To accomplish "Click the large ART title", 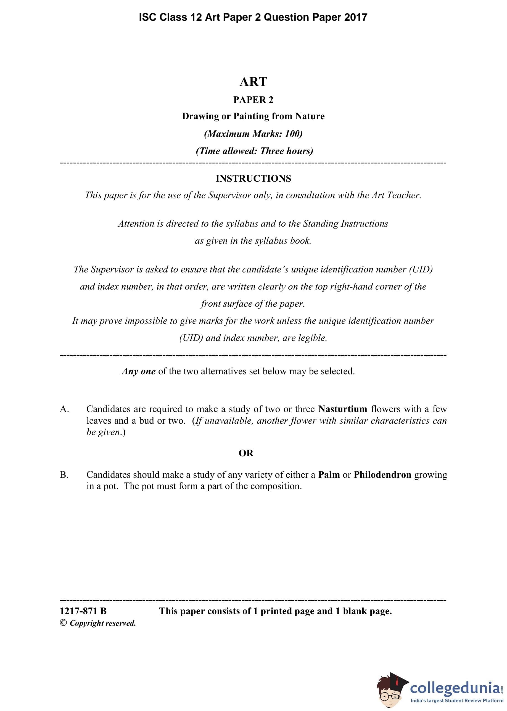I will pos(253,82).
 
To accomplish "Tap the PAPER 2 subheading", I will pos(253,100).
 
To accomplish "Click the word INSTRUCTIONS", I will pos(253,179).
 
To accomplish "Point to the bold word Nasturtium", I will pos(342,409).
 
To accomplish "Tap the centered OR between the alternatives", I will pos(246,453).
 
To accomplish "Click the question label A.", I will pos(64,409).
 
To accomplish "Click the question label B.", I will pos(64,475).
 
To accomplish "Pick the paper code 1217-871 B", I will pos(83,611).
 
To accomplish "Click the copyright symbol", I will pos(64,623).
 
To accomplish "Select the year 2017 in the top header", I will pos(356,17).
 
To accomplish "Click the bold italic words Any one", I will pos(139,371).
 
